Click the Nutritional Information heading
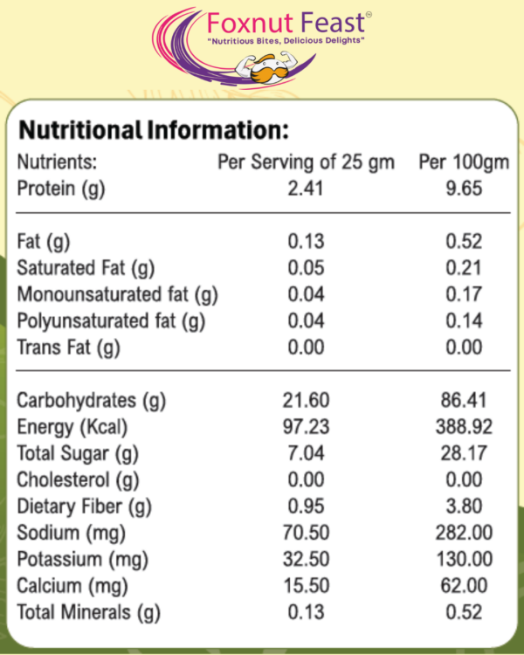click(153, 132)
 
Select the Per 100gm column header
click(452, 162)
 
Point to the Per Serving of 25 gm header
click(306, 162)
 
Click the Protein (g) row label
click(61, 189)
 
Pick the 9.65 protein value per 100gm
click(463, 189)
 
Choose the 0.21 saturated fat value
click(463, 268)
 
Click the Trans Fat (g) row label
click(68, 348)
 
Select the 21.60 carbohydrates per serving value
click(306, 402)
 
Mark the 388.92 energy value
click(463, 428)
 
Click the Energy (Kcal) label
click(73, 428)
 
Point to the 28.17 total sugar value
click(463, 454)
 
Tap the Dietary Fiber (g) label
click(85, 507)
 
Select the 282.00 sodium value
click(463, 533)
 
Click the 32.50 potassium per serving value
click(306, 559)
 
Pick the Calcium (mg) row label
click(71, 585)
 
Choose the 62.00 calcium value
click(463, 585)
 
